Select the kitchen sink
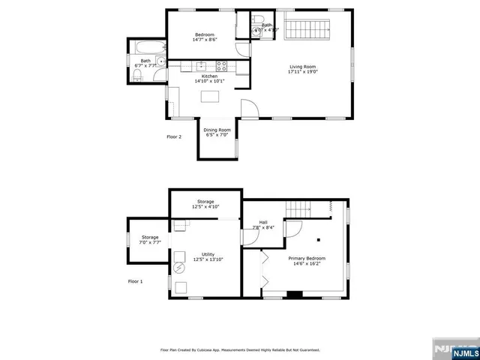click(x=202, y=66)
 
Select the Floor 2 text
click(x=174, y=137)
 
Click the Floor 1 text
click(x=136, y=281)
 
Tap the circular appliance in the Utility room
click(x=179, y=267)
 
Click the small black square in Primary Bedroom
click(x=319, y=240)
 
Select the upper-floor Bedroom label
click(x=205, y=37)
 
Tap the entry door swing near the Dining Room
click(x=251, y=108)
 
